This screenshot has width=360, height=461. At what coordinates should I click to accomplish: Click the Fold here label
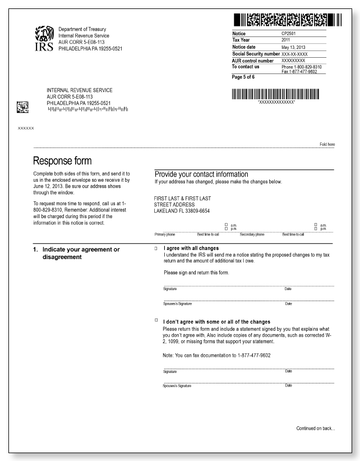pos(327,145)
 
